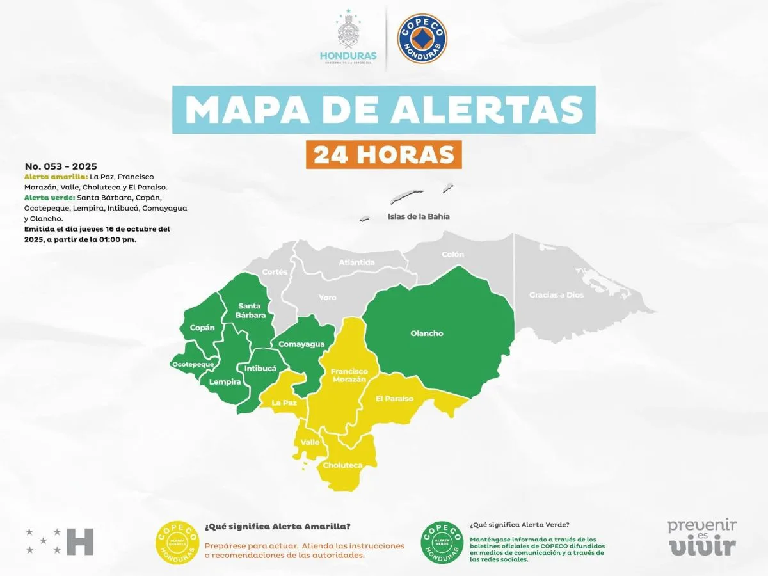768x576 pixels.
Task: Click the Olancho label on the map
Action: [427, 333]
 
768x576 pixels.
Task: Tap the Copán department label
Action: [202, 328]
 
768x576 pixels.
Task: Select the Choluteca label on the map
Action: [343, 465]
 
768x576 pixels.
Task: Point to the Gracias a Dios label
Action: [556, 295]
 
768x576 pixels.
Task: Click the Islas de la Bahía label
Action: [419, 216]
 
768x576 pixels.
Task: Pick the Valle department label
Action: [310, 442]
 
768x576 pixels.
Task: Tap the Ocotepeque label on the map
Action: [193, 364]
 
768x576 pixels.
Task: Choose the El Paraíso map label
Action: [394, 399]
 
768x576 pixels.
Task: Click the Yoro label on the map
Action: [327, 298]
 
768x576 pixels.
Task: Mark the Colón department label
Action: [452, 255]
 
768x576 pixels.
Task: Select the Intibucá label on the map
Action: [260, 369]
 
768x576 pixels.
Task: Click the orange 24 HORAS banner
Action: [383, 154]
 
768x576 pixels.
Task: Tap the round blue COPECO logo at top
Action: [422, 39]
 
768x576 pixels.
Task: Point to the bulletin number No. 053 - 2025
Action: [61, 166]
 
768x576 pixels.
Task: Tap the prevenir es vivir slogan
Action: [702, 537]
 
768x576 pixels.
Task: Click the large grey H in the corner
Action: [81, 541]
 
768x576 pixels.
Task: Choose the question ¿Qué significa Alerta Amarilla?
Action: [277, 526]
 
